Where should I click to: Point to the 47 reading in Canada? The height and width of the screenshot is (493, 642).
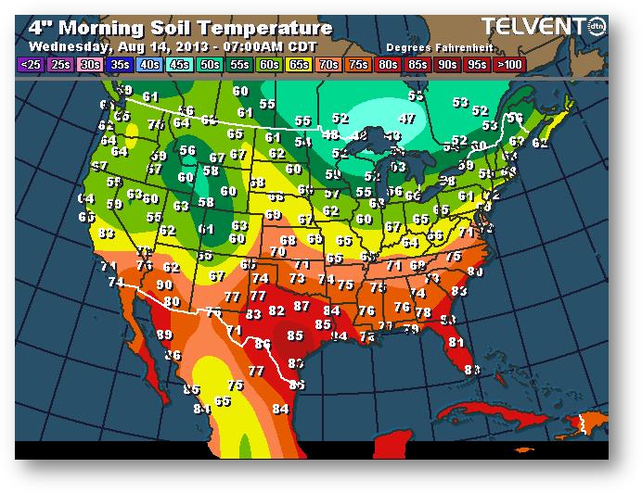click(x=406, y=119)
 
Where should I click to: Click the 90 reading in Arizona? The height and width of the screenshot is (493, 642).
click(x=164, y=285)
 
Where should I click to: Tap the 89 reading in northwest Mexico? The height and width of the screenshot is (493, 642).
click(x=164, y=335)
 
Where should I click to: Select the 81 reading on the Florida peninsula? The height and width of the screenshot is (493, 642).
click(x=456, y=342)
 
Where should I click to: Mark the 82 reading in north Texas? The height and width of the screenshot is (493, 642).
click(x=276, y=312)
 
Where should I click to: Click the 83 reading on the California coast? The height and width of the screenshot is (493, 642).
click(x=106, y=234)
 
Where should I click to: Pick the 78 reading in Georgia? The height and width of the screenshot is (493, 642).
click(x=422, y=313)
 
